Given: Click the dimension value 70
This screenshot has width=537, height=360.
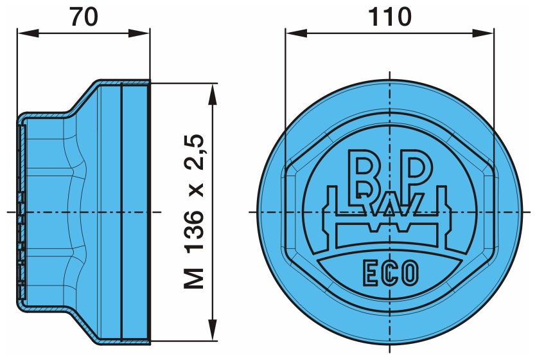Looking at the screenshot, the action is (84, 17).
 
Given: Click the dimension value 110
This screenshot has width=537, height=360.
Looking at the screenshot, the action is (389, 17).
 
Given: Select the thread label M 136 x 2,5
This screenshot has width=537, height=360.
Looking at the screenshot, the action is (194, 212).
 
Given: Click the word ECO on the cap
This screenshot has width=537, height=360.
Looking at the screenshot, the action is (391, 273).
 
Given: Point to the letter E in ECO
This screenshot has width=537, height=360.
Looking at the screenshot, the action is (369, 273).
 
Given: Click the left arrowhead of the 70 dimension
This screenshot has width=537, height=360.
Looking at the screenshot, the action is (28, 33).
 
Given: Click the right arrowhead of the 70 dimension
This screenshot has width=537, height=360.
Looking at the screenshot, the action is (139, 33).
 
